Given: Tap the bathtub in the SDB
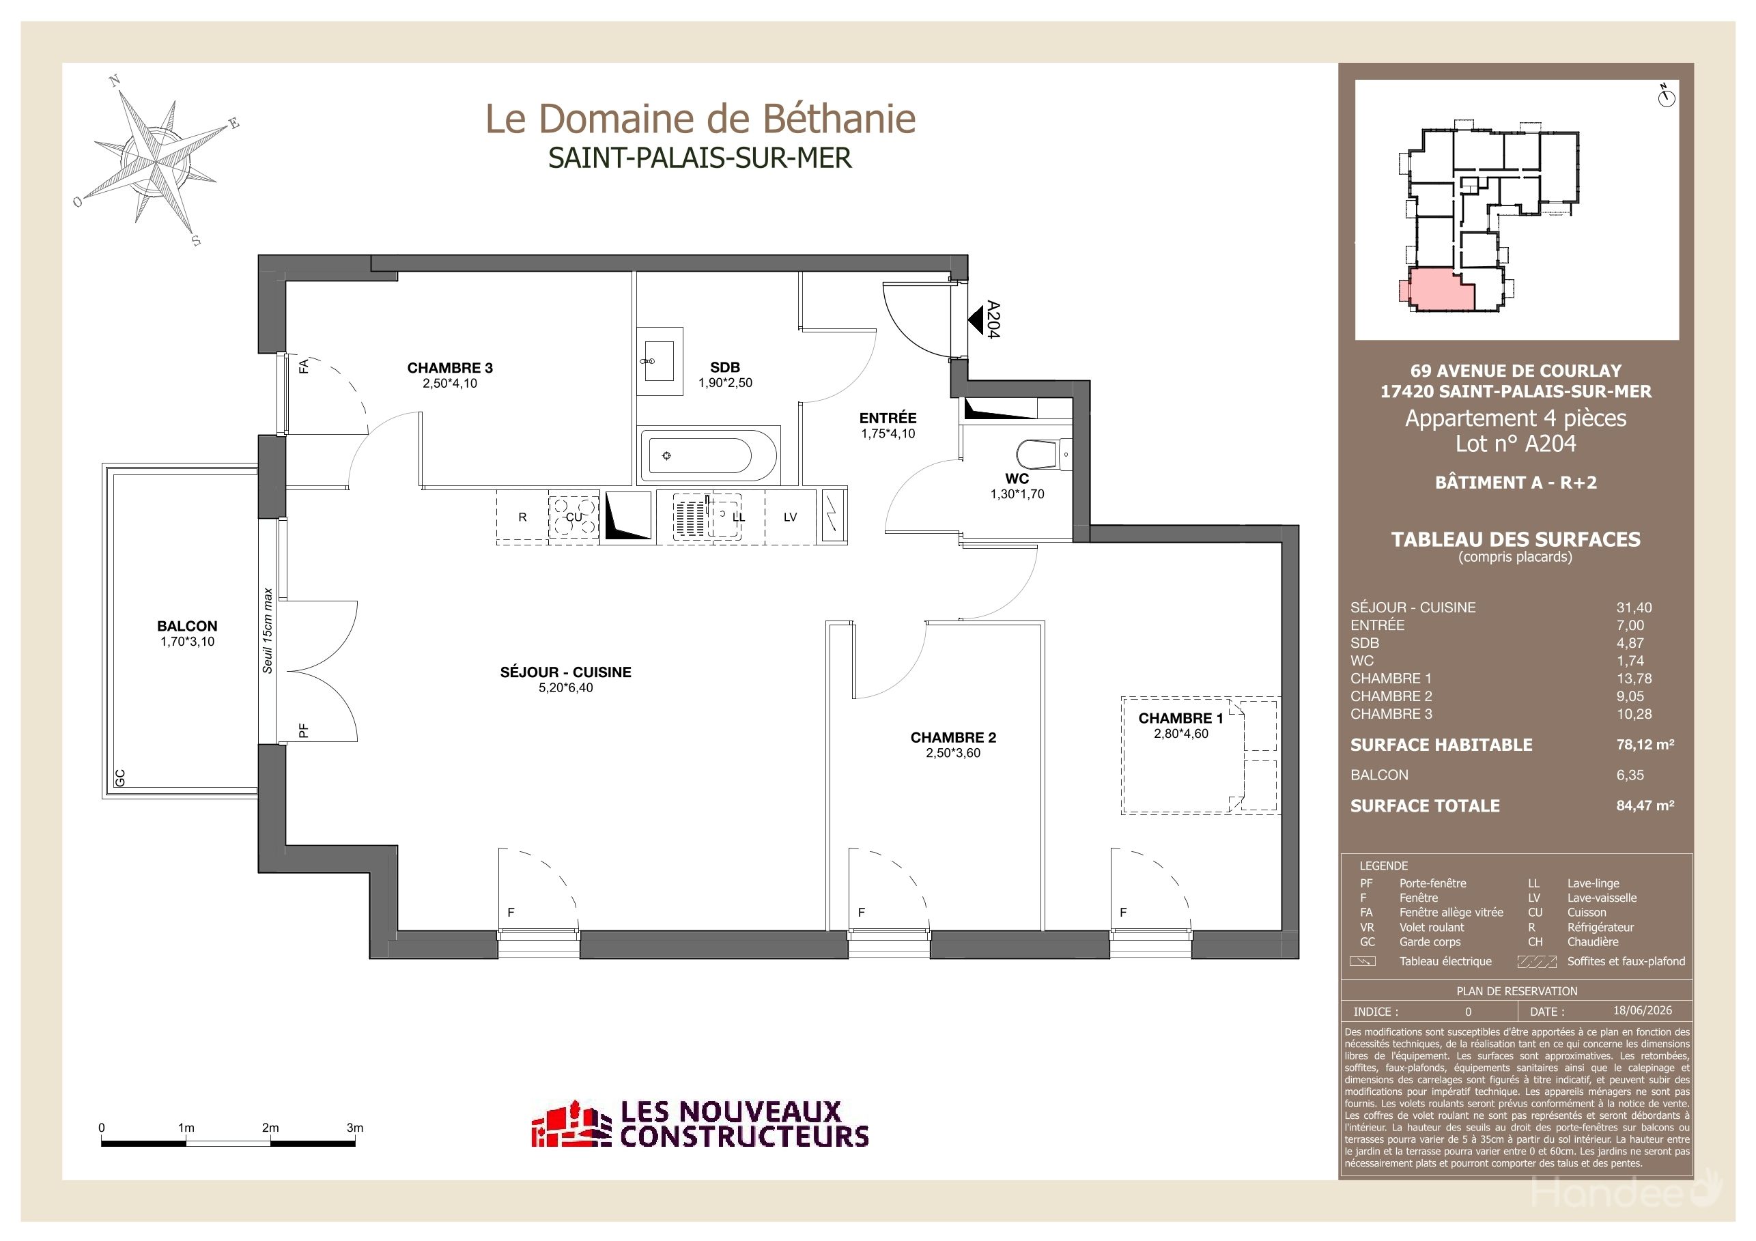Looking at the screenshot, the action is click(x=708, y=456).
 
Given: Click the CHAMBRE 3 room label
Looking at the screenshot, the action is click(x=450, y=368).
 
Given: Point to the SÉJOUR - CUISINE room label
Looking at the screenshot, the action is click(x=566, y=672).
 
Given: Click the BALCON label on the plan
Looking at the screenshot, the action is click(x=187, y=625).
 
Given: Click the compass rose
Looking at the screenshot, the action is click(x=157, y=161).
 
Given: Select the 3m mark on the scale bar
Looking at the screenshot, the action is click(x=355, y=1128).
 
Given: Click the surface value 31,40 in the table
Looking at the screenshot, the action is click(x=1634, y=608).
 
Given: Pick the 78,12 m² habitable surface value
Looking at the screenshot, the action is click(x=1645, y=744).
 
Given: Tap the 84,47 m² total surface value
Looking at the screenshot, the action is click(x=1645, y=805).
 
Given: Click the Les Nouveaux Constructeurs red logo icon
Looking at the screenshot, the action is click(x=572, y=1125).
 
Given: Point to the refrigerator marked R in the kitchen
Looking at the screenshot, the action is click(x=522, y=517).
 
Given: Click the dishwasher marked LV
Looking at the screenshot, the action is click(x=790, y=517).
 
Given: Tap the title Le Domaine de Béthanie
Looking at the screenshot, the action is click(x=700, y=119).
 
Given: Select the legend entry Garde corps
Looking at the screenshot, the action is click(x=1430, y=942).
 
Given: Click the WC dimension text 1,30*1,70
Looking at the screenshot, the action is click(x=1017, y=494).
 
